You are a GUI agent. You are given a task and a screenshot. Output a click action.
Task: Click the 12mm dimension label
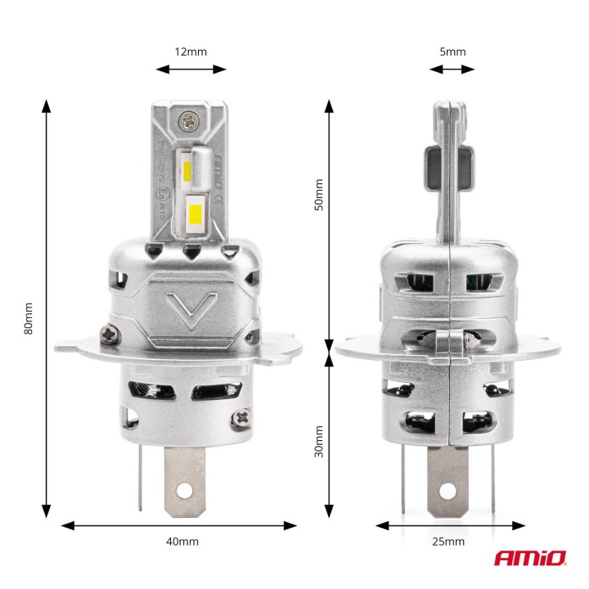(191, 52)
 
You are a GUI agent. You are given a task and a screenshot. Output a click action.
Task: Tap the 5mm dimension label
(452, 52)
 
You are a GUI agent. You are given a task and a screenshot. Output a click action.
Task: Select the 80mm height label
(29, 319)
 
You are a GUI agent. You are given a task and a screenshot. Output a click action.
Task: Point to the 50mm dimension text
(319, 196)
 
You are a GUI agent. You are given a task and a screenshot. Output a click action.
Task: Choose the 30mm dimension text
(319, 441)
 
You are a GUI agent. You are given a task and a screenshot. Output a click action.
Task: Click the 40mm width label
(182, 542)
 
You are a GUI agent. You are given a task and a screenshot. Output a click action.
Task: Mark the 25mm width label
(447, 542)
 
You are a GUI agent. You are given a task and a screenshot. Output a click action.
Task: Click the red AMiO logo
(529, 559)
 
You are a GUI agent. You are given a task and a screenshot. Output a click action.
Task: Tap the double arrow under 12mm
(191, 70)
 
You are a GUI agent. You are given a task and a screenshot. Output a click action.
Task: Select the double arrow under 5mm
(452, 70)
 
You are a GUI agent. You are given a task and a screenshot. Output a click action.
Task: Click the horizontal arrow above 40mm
(178, 525)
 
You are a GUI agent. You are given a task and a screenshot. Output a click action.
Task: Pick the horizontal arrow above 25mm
(448, 525)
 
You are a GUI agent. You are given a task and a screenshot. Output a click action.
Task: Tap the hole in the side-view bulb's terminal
(449, 489)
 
